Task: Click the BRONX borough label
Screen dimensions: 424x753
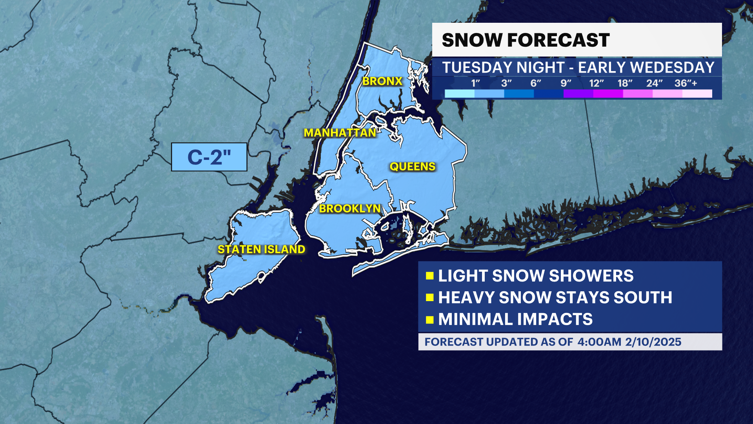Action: point(382,81)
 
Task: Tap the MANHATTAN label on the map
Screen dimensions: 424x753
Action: point(340,133)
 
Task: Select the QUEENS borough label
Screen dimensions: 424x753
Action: point(412,167)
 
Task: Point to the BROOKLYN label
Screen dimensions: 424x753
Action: point(350,208)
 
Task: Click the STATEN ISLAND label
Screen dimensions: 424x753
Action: point(261,250)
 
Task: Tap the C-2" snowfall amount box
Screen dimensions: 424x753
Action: point(209,157)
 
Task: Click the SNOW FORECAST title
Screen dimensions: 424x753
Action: point(526,40)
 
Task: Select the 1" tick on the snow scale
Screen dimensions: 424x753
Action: point(475,83)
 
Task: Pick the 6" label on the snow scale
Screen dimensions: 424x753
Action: point(536,83)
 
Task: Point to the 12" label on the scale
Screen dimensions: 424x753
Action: point(596,83)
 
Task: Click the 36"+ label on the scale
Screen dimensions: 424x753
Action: point(686,83)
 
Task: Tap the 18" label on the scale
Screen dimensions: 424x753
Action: point(625,83)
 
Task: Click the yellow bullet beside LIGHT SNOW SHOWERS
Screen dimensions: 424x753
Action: point(429,276)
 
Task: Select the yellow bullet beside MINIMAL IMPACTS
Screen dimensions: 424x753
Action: point(429,320)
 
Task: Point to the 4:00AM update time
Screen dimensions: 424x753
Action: point(599,342)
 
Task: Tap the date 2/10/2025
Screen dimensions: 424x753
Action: point(653,342)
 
